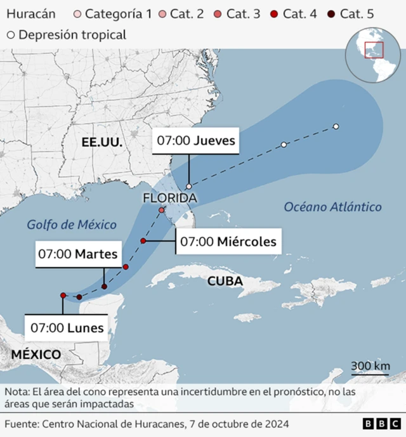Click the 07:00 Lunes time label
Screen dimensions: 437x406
[x=67, y=328]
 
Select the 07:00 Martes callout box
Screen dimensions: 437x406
[x=78, y=254]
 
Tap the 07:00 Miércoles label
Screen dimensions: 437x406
[x=228, y=241]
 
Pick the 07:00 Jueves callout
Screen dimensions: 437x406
[x=197, y=141]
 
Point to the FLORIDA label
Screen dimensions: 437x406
[x=169, y=199]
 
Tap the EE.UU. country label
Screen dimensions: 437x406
[x=102, y=144]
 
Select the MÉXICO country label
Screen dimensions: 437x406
[x=36, y=355]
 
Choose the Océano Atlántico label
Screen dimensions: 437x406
[x=332, y=207]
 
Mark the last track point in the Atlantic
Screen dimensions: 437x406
[x=336, y=127]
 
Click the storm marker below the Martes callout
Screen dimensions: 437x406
[x=104, y=287]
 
